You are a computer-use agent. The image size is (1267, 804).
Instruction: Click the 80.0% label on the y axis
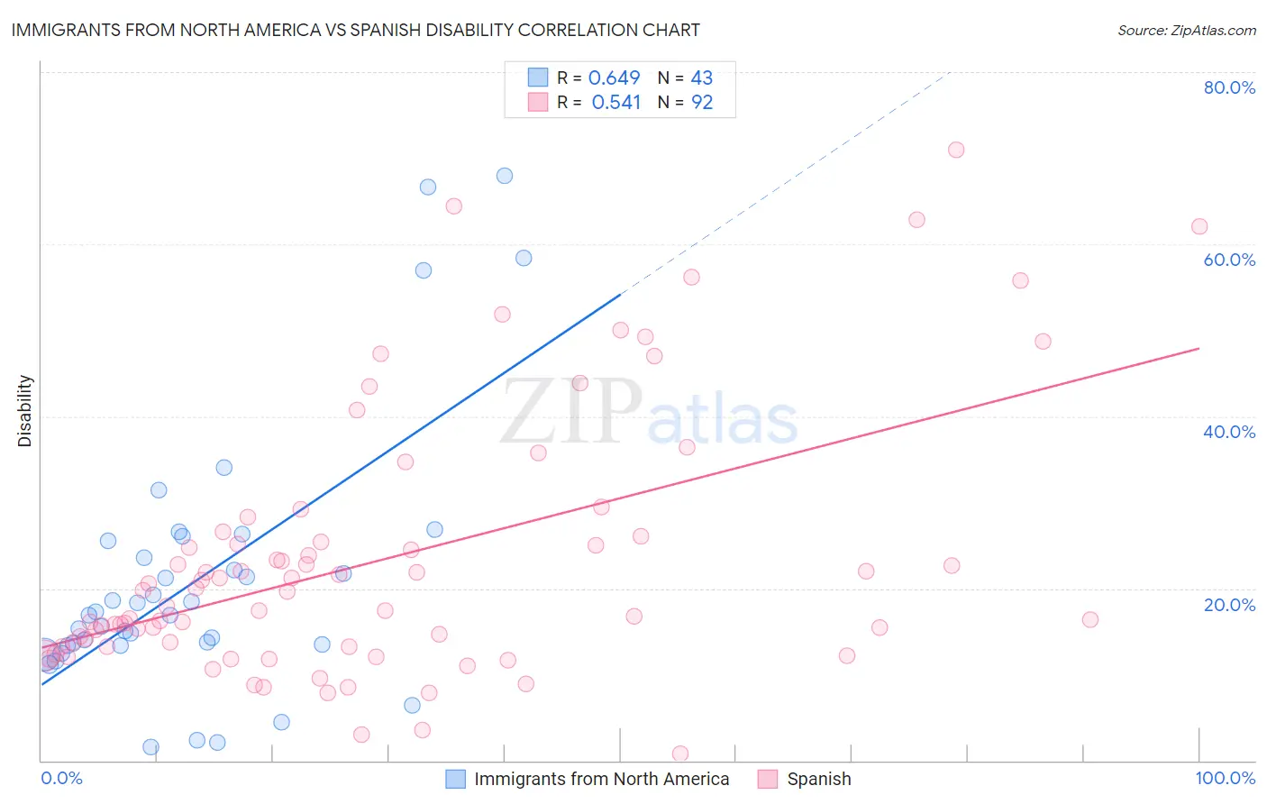tap(1229, 87)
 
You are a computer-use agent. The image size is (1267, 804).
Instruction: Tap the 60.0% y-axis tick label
tap(1229, 260)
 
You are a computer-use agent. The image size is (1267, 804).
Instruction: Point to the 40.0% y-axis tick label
tap(1229, 432)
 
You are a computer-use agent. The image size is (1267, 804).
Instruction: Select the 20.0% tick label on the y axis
tap(1229, 605)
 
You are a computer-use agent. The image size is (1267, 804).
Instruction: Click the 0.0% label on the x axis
tap(61, 778)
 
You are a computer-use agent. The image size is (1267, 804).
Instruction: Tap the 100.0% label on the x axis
tap(1225, 778)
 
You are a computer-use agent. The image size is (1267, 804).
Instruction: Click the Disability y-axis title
tap(25, 411)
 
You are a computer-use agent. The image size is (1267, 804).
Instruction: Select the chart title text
tap(355, 30)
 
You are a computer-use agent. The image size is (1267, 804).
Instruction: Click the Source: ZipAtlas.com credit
tap(1186, 30)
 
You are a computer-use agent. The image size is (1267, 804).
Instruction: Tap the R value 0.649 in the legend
tap(614, 78)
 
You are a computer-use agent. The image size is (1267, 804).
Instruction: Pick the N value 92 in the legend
tap(702, 103)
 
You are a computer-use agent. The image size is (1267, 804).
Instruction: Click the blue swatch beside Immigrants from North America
tap(456, 779)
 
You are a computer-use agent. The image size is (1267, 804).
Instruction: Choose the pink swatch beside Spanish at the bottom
tap(768, 779)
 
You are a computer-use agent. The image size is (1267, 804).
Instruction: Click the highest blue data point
tap(505, 176)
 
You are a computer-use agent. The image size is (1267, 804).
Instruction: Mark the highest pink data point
tap(956, 150)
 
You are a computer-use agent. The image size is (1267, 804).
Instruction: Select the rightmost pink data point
tap(1199, 226)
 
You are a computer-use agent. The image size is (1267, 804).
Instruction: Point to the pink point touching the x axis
tap(680, 754)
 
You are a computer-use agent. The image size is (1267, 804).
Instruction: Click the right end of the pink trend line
tap(1199, 348)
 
